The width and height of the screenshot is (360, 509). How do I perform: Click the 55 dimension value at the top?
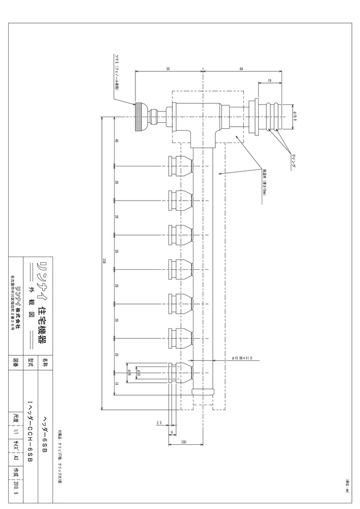click(x=168, y=68)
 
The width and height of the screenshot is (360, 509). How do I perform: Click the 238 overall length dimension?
click(x=104, y=261)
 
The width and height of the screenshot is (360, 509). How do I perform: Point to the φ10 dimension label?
click(x=137, y=375)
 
